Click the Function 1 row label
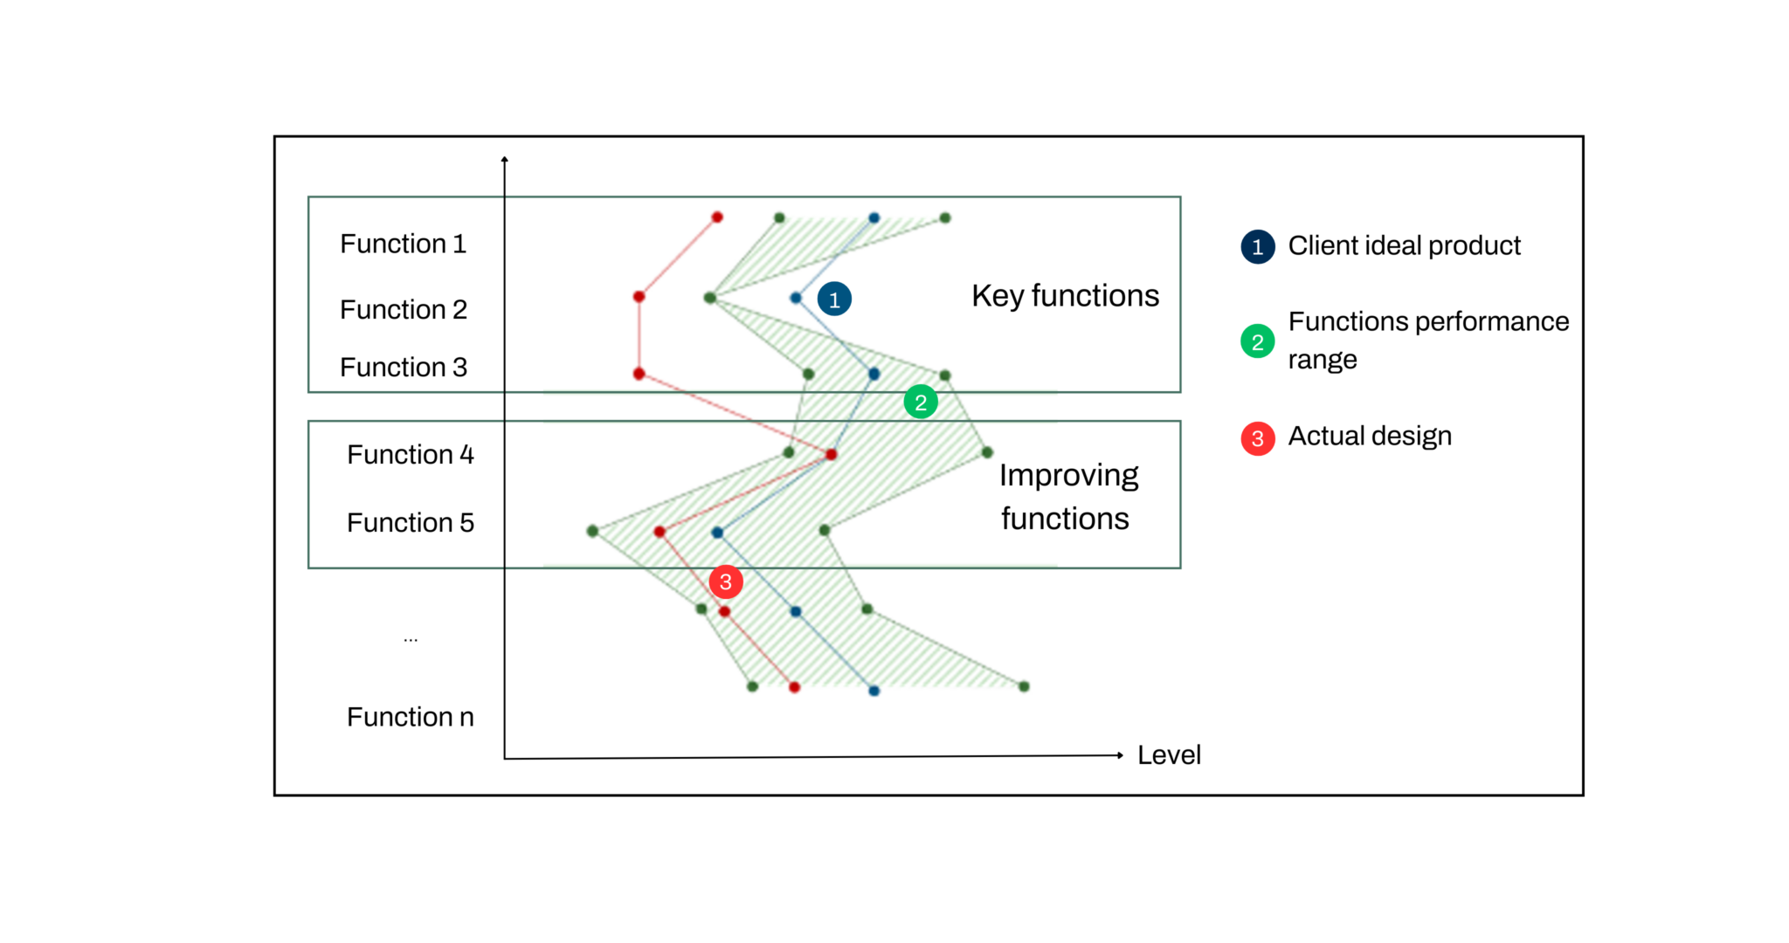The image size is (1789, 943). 403,244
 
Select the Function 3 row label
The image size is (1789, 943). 403,367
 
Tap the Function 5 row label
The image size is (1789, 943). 410,522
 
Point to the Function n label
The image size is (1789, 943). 410,717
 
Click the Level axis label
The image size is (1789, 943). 1168,754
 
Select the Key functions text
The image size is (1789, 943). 1065,296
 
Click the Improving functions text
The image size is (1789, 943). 1067,497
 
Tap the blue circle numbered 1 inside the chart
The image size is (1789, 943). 834,299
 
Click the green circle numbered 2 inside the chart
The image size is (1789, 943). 920,403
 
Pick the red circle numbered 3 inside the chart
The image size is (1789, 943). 725,582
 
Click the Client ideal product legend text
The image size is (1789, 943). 1404,246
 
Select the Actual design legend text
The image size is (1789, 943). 1369,436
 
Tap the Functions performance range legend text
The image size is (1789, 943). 1427,341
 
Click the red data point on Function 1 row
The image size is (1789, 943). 717,217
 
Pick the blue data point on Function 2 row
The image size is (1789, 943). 795,298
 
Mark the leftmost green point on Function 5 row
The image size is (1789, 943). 592,531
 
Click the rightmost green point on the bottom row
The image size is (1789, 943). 1024,686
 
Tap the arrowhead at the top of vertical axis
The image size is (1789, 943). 504,160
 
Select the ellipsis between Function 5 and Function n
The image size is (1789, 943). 411,640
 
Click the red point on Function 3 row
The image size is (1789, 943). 639,374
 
